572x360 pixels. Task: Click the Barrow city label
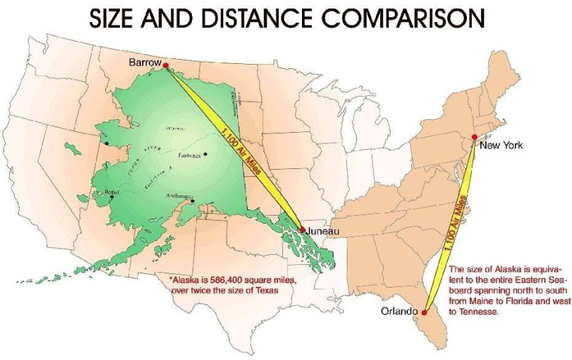tap(144, 63)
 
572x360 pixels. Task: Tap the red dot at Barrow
tap(166, 65)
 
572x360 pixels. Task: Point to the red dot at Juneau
tap(303, 229)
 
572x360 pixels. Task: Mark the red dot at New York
tap(475, 137)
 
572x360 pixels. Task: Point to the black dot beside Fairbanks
tap(205, 154)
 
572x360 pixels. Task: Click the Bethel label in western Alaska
tap(113, 191)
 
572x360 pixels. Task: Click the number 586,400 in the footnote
tap(230, 280)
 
